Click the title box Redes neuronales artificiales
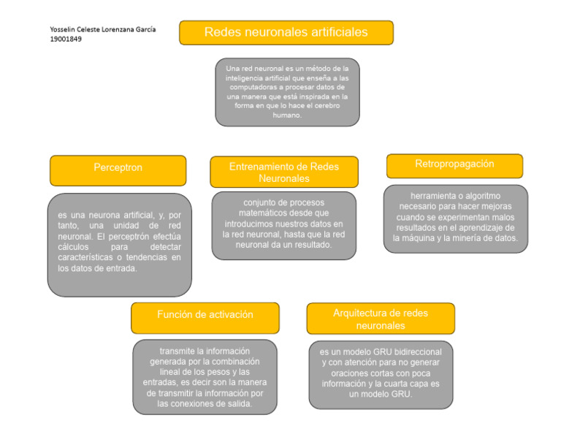click(286, 33)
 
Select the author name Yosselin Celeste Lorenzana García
click(103, 29)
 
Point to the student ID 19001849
click(66, 39)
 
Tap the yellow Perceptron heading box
click(118, 168)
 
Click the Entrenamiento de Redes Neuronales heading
click(283, 172)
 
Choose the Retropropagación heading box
click(454, 165)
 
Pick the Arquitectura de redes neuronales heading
click(381, 319)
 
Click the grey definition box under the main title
click(286, 92)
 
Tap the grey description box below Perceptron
click(119, 244)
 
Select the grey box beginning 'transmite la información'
click(205, 376)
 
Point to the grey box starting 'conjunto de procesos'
click(283, 224)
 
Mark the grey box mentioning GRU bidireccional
click(381, 373)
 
